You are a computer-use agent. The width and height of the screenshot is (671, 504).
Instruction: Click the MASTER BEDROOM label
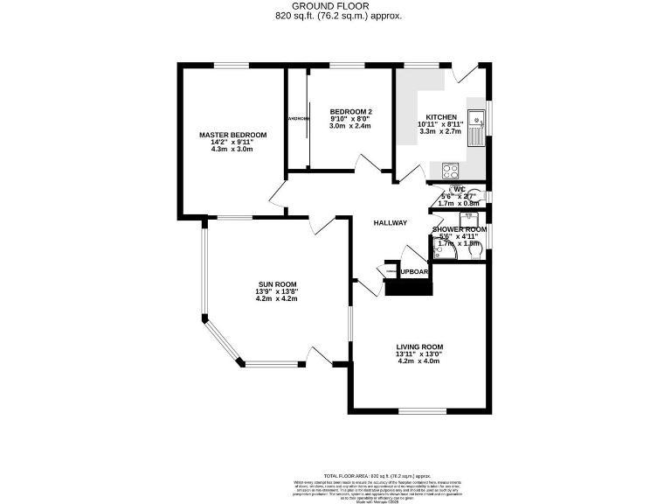point(232,135)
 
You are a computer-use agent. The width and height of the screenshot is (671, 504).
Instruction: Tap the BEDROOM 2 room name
point(350,112)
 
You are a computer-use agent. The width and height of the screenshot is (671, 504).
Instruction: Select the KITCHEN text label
point(440,117)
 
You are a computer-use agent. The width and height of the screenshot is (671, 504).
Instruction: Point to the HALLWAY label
point(391,223)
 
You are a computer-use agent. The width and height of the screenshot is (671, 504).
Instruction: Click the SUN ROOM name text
point(277,284)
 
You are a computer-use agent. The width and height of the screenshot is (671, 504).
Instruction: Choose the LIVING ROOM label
point(419,347)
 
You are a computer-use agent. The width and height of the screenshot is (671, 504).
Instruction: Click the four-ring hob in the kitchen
point(451,170)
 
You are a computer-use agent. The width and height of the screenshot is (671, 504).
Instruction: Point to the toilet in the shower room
point(476,252)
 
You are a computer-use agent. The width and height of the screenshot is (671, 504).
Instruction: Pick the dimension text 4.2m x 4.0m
point(419,360)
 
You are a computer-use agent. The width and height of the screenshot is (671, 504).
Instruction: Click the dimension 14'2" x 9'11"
point(232,142)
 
